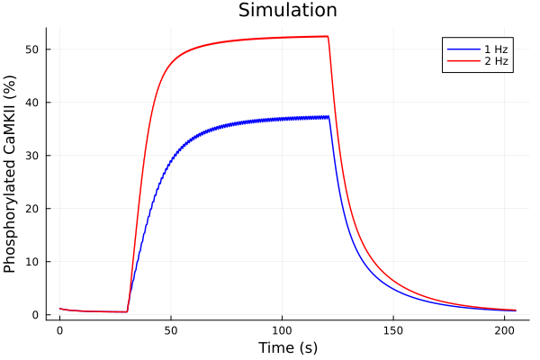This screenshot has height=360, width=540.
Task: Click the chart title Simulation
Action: pyautogui.click(x=288, y=11)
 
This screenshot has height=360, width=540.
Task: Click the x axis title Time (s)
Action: pyautogui.click(x=288, y=347)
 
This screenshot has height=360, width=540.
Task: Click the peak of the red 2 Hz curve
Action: pyautogui.click(x=328, y=36)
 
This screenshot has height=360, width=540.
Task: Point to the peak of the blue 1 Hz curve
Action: pyautogui.click(x=328, y=116)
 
